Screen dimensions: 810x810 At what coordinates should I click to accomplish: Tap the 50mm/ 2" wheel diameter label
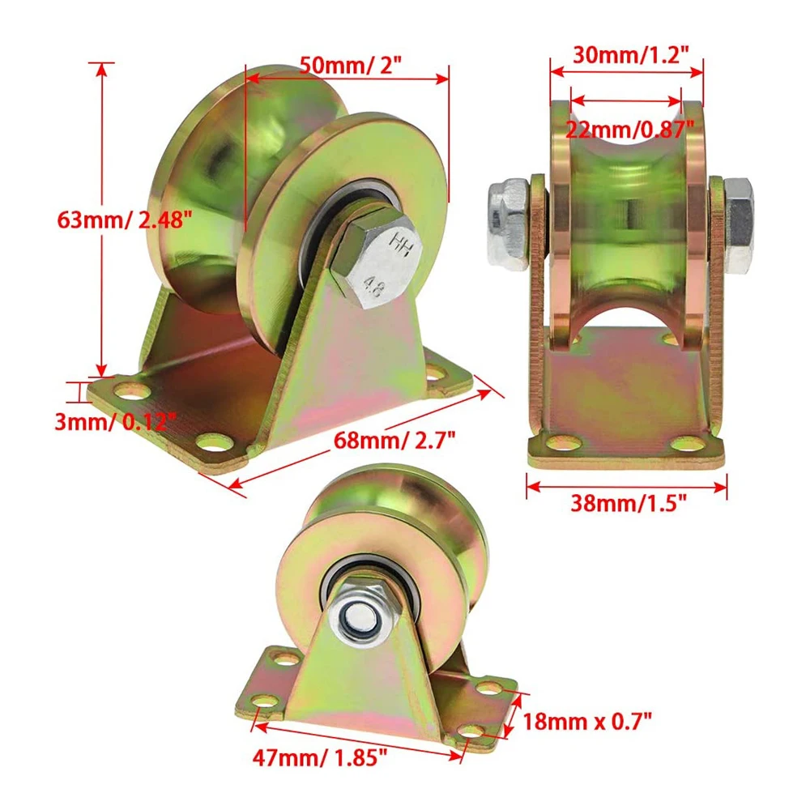point(350,65)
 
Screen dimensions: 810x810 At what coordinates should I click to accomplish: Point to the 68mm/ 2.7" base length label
point(394,440)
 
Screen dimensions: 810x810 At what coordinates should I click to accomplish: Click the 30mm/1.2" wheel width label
point(631,54)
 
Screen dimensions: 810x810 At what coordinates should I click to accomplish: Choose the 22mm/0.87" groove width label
point(629,129)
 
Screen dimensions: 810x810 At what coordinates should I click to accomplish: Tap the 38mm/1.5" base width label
point(629,502)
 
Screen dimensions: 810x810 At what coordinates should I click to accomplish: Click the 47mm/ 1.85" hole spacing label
point(319,757)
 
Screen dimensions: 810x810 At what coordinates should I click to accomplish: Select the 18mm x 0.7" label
point(587,721)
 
